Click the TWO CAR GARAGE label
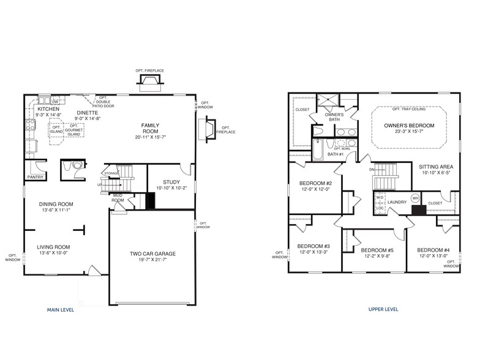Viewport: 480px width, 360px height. tap(152, 253)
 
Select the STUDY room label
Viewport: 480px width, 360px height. tap(171, 182)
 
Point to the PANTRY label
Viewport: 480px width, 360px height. tap(35, 177)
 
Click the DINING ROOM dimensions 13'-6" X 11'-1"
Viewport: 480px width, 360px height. tap(55, 210)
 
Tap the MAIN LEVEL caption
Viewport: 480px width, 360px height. tap(61, 310)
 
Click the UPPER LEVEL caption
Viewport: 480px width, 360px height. tap(383, 310)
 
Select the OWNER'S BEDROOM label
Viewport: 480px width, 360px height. tap(409, 126)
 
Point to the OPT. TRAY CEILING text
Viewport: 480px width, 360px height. tap(408, 109)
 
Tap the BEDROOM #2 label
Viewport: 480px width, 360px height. tap(315, 184)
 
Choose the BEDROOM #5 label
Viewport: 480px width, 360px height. tap(377, 250)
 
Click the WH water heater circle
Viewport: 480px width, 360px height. tap(414, 198)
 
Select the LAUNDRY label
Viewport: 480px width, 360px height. tap(397, 201)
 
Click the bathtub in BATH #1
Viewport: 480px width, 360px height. tap(318, 149)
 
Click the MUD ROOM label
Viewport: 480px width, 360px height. tap(118, 198)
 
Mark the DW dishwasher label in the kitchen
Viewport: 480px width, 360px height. tap(54, 102)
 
